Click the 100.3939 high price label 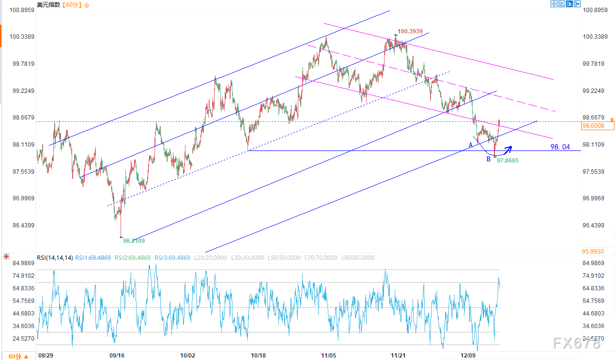coord(413,32)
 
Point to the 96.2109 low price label coord(134,240)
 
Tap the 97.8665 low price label coord(507,160)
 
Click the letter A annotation coord(470,145)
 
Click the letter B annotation coord(489,158)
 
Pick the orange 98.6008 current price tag coord(597,126)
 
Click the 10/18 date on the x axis coord(258,356)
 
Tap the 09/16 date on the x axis coord(118,356)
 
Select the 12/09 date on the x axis coord(468,356)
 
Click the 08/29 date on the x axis coord(46,356)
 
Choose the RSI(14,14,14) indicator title coord(55,258)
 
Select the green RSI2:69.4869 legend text coord(132,258)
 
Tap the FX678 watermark coord(576,344)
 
